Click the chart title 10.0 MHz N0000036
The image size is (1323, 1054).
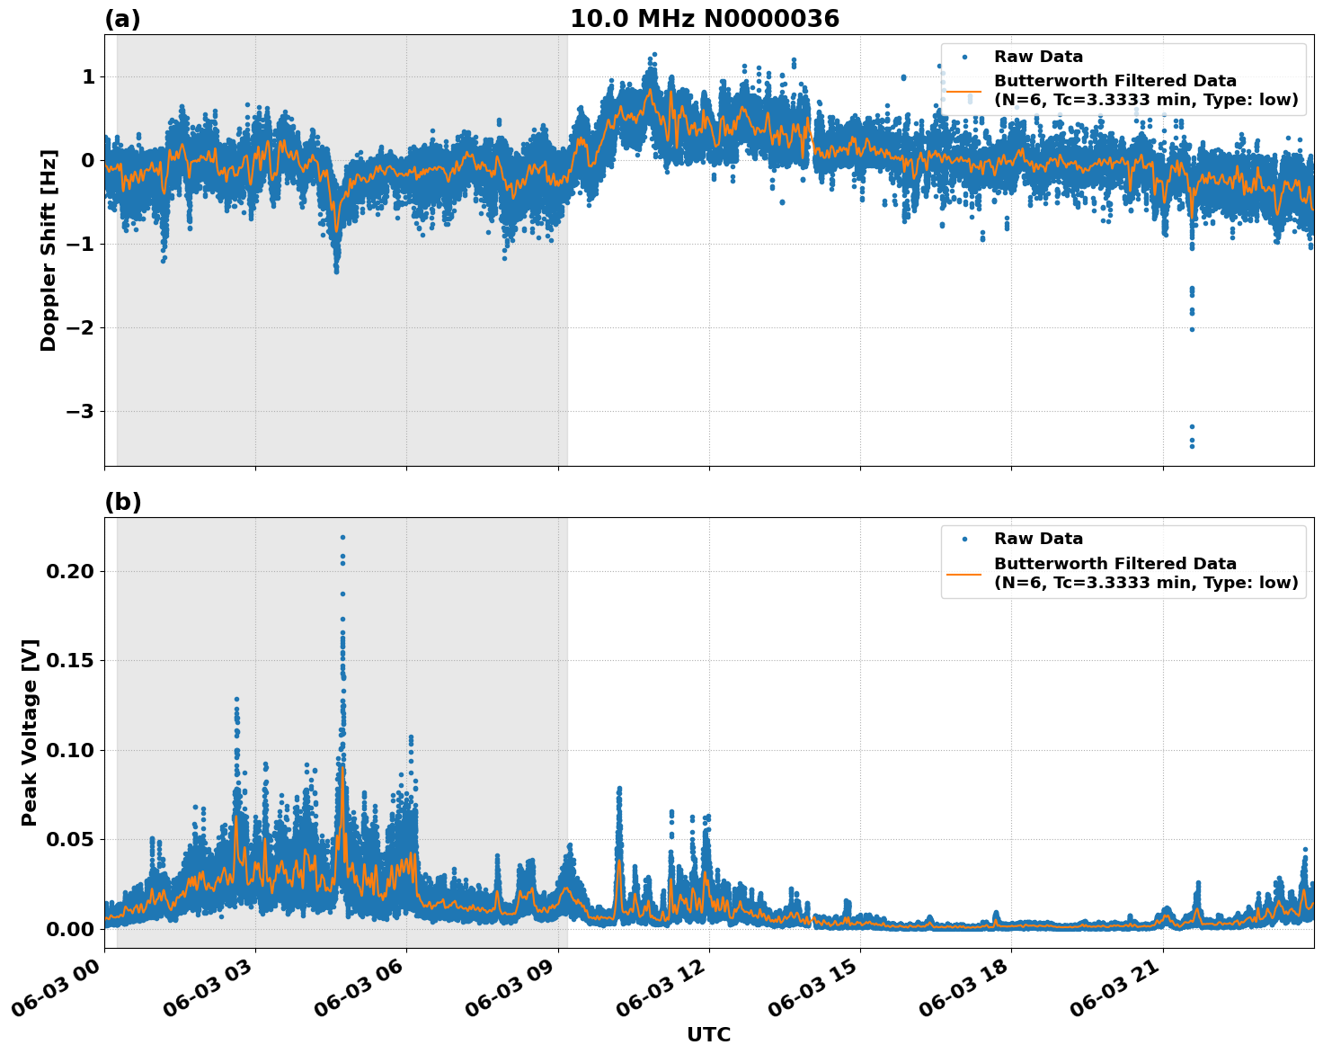pyautogui.click(x=704, y=19)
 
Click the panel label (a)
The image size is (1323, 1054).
pyautogui.click(x=122, y=19)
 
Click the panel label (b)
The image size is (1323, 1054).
pyautogui.click(x=122, y=502)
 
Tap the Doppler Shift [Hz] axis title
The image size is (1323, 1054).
pyautogui.click(x=49, y=250)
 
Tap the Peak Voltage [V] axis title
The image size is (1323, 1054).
pyautogui.click(x=30, y=732)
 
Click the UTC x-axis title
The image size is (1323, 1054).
pyautogui.click(x=708, y=1034)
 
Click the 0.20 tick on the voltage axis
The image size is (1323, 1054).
pyautogui.click(x=68, y=572)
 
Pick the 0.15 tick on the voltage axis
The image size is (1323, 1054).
pyautogui.click(x=68, y=661)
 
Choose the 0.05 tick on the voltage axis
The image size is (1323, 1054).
pyautogui.click(x=68, y=840)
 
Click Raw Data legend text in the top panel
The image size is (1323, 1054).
pyautogui.click(x=1038, y=57)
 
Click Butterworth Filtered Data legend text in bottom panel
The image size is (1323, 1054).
pyautogui.click(x=1114, y=564)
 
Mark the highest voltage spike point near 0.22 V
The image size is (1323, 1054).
pyautogui.click(x=342, y=537)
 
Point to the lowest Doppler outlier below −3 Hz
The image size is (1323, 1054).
pyautogui.click(x=1192, y=446)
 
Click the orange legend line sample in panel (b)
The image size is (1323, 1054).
pyautogui.click(x=964, y=573)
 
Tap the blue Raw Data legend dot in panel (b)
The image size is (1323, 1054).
pyautogui.click(x=964, y=539)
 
